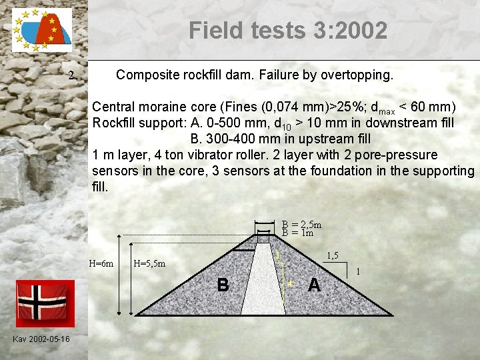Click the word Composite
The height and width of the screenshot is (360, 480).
[x=148, y=75]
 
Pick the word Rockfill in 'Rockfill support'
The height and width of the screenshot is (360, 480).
[x=115, y=123]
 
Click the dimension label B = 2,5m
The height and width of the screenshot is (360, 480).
[x=301, y=225]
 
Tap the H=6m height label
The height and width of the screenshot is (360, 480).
[x=101, y=263]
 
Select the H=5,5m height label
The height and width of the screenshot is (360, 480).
[x=149, y=263]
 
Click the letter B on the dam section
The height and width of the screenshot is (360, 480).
[x=223, y=285]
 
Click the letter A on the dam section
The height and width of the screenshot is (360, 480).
[x=314, y=285]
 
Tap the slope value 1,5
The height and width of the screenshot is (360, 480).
[x=333, y=256]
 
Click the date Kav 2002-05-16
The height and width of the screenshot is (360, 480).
[x=41, y=340]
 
